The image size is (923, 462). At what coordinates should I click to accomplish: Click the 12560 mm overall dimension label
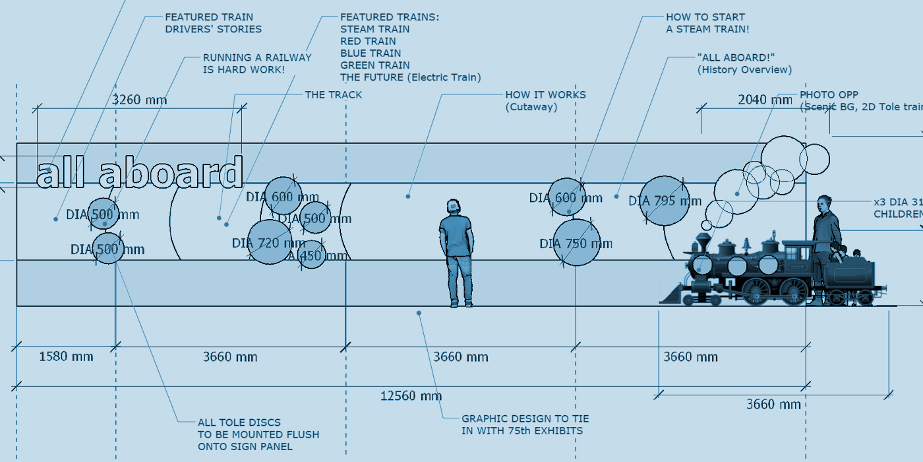[411, 396]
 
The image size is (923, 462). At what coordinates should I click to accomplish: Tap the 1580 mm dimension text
[66, 357]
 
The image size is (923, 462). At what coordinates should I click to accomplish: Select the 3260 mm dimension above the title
[139, 100]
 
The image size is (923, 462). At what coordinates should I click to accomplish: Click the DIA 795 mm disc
[665, 201]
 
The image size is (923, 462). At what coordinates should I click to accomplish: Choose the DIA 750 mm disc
[576, 243]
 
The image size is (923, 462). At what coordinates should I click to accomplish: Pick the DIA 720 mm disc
[269, 242]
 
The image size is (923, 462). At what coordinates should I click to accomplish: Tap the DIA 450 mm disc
[312, 255]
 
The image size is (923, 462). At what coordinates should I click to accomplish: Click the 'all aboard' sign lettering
[140, 174]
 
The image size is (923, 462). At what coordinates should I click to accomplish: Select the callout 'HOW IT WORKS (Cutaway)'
[545, 100]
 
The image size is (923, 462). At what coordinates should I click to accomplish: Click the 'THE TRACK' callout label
[333, 95]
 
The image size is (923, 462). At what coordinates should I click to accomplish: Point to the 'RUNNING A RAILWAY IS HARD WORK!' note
[257, 63]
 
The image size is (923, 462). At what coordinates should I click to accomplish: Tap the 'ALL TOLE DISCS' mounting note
[258, 434]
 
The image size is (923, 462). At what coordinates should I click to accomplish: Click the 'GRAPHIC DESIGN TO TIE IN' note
[525, 424]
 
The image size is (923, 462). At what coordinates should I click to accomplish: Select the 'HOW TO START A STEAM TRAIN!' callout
[707, 23]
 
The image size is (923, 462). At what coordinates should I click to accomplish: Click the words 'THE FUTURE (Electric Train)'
[410, 77]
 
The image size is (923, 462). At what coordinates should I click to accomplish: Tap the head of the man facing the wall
[453, 207]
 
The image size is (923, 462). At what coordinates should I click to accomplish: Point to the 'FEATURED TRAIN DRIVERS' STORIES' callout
[213, 23]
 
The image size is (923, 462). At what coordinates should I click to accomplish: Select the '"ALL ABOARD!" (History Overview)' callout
[744, 63]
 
